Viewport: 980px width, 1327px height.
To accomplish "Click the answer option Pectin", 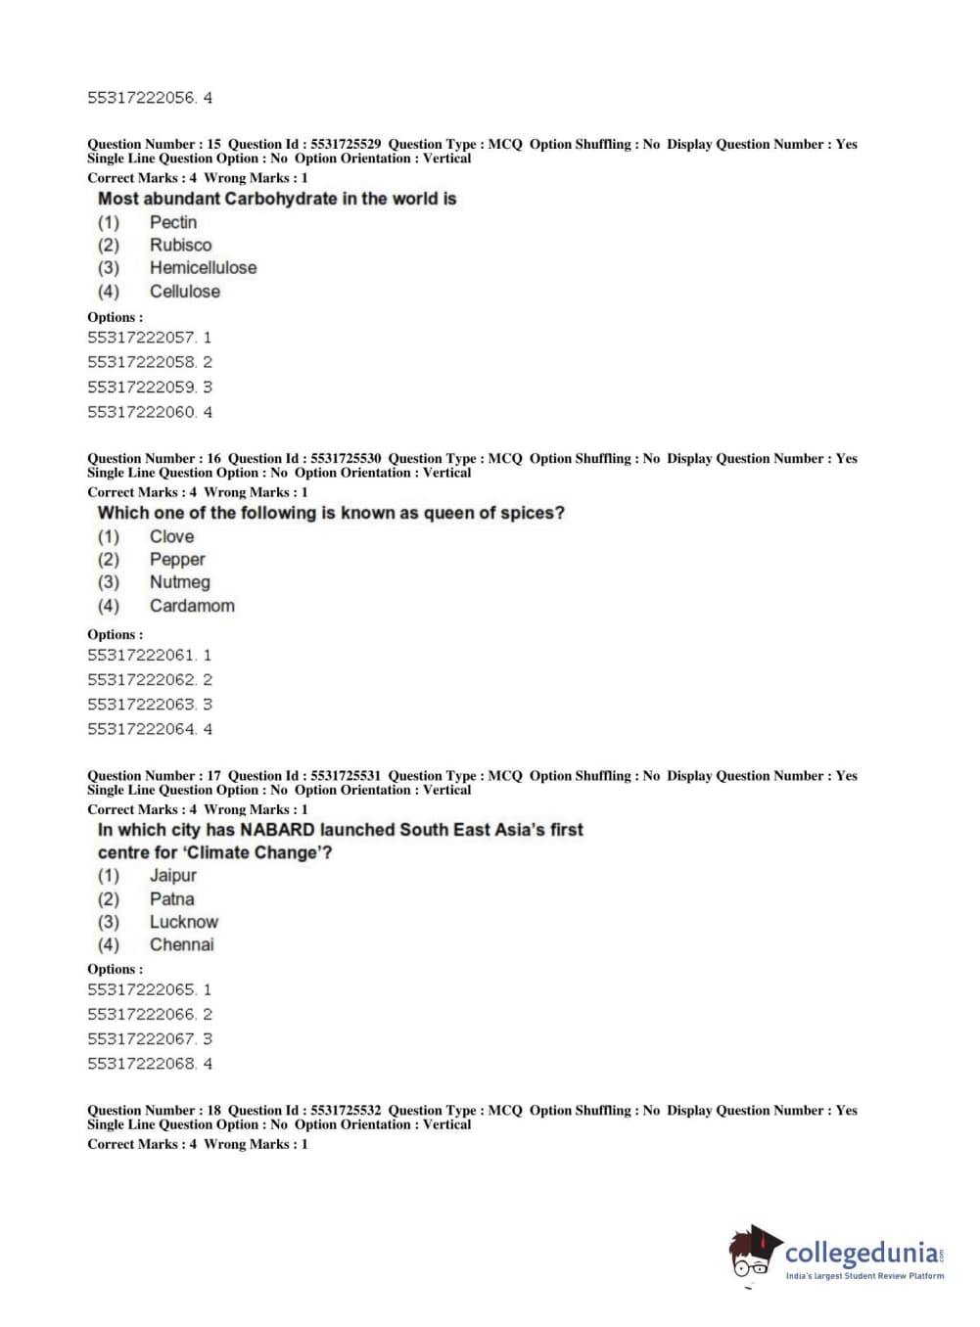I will [x=172, y=222].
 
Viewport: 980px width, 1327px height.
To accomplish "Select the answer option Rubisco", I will [x=180, y=245].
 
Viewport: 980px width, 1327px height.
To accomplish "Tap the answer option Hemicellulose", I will [x=203, y=267].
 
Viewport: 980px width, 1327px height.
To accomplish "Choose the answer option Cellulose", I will [x=184, y=291].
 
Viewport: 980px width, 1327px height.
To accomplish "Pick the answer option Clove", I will [x=171, y=536].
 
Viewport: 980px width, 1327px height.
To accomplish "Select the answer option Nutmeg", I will [x=179, y=582].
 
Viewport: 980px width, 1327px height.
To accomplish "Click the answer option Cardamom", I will [x=192, y=606].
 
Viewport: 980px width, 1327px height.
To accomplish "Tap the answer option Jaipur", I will [x=172, y=875].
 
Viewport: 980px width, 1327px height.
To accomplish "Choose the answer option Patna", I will [x=171, y=898].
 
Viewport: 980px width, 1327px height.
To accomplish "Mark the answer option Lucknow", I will [x=183, y=922].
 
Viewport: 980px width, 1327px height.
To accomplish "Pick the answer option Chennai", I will [x=181, y=944].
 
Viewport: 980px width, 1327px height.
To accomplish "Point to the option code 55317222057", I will [x=141, y=338].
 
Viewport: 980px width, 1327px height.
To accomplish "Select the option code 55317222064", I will [x=141, y=729].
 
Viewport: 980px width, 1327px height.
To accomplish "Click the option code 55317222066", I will [x=141, y=1015].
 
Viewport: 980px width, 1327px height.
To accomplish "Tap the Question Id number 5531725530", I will [x=346, y=458].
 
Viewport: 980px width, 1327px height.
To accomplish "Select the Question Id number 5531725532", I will [x=346, y=1110].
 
